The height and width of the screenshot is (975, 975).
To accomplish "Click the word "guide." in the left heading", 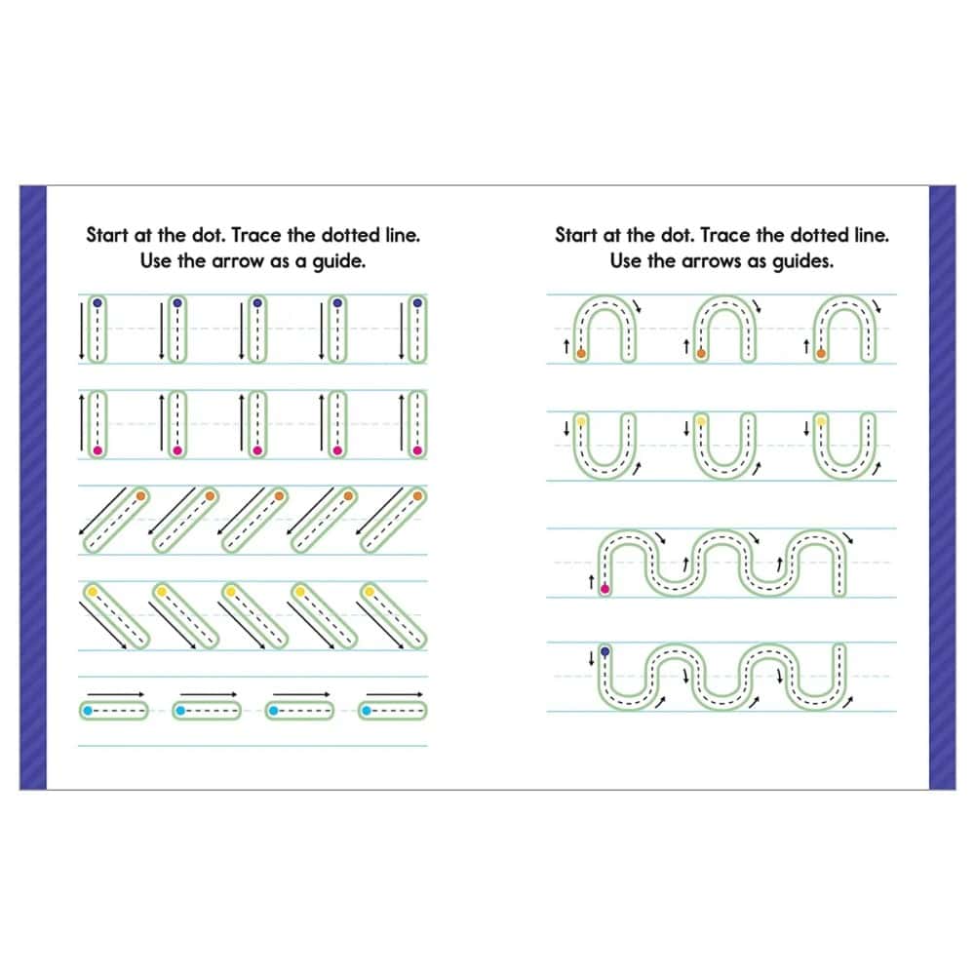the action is [338, 261].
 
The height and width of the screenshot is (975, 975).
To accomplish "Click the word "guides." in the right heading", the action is [802, 261].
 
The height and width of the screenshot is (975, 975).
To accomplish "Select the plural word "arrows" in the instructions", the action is [712, 261].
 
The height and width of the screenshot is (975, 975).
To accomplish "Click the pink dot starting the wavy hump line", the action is [604, 588].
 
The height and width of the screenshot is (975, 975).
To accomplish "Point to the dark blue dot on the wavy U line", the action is [604, 651].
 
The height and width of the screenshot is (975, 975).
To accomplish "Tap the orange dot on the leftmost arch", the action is [581, 353].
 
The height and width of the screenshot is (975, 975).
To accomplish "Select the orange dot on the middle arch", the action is [701, 353].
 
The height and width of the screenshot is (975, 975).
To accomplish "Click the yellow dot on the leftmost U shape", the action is [581, 421].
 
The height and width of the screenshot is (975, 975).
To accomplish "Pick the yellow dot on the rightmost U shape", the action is [821, 421].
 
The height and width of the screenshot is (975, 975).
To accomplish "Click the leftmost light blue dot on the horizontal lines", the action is [88, 710].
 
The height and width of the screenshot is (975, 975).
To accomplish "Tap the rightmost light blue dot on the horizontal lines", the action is [367, 710].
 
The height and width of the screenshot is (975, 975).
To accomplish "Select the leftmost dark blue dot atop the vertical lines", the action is [97, 303].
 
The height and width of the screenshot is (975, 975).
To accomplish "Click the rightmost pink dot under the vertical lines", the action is [417, 450].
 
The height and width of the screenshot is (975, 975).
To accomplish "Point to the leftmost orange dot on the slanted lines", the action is [141, 496].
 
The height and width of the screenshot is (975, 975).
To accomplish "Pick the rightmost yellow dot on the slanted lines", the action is [370, 592].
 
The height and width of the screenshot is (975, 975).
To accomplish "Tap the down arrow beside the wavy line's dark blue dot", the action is [591, 658].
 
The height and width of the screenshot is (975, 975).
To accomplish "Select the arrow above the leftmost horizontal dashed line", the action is [116, 694].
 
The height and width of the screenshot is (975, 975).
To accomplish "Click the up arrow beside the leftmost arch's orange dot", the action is [565, 346].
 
